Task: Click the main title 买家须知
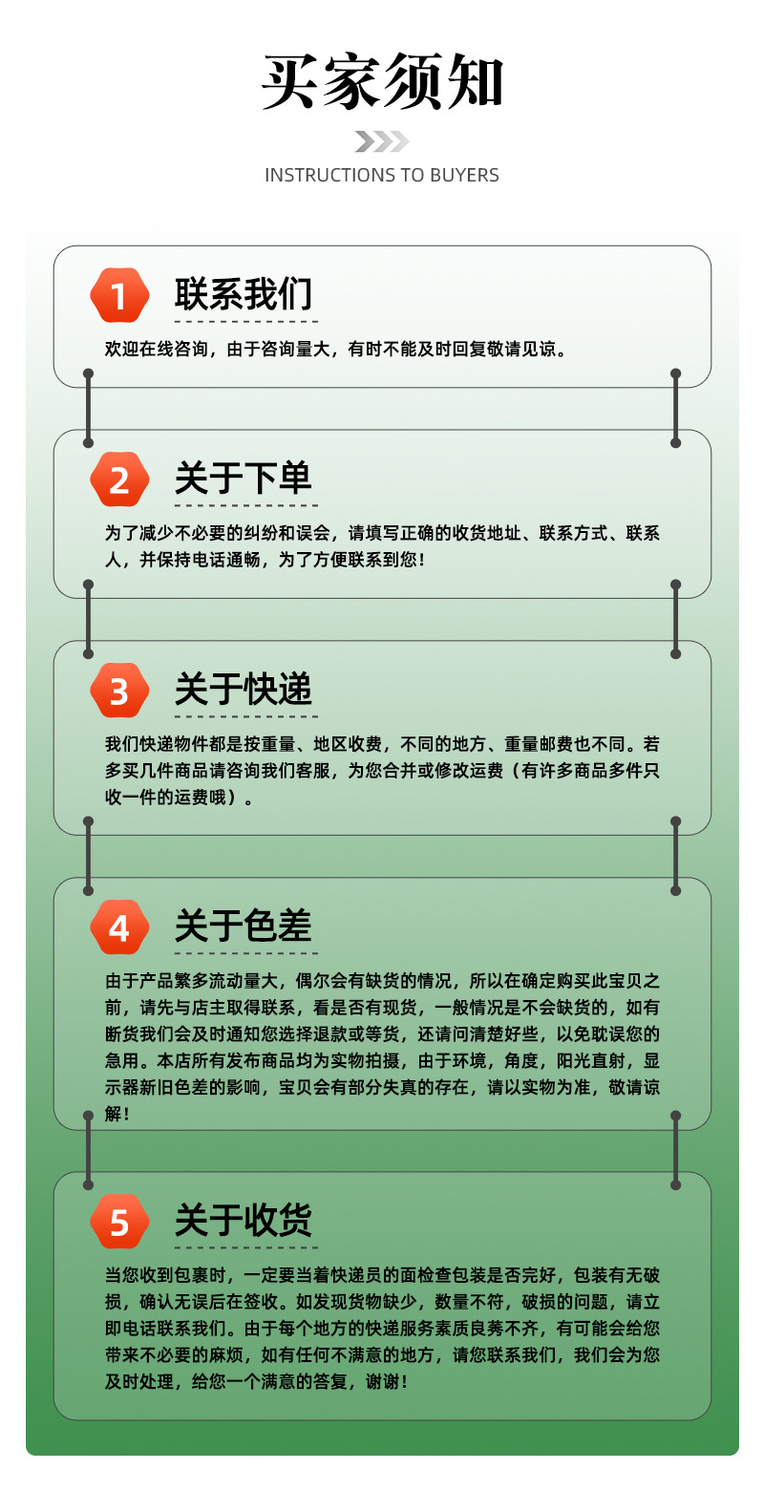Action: click(x=382, y=82)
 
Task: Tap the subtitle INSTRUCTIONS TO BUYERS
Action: click(x=382, y=175)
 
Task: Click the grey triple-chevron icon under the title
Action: click(x=382, y=141)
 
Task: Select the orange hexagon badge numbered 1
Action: click(x=119, y=296)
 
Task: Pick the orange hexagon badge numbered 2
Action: click(x=119, y=479)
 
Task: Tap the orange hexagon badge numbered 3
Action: click(x=119, y=691)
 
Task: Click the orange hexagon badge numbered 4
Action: click(x=119, y=927)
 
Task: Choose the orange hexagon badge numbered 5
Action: click(x=119, y=1221)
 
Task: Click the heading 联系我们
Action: click(x=244, y=294)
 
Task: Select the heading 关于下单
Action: click(x=244, y=479)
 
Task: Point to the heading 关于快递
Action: click(x=244, y=690)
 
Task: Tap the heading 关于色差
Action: click(x=244, y=926)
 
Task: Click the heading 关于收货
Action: click(x=244, y=1220)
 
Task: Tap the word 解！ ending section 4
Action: click(x=117, y=1114)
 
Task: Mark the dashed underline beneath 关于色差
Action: click(x=245, y=951)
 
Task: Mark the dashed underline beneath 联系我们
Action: click(x=245, y=321)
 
